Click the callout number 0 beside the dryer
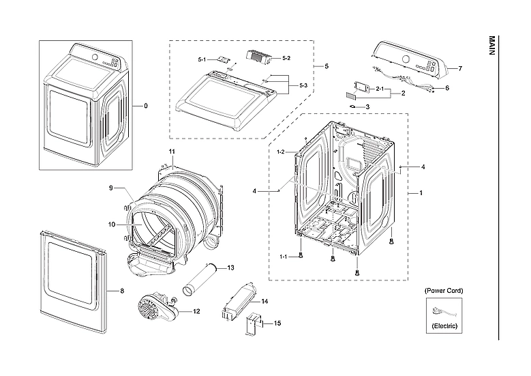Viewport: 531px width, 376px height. (145, 106)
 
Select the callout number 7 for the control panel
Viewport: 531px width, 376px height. (460, 69)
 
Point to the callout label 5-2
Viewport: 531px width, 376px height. (286, 59)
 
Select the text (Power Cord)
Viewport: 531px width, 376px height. (444, 291)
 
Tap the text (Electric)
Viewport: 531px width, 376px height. (444, 327)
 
